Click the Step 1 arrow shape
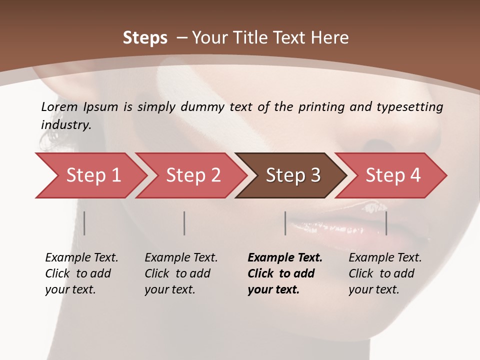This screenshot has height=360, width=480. pyautogui.click(x=93, y=175)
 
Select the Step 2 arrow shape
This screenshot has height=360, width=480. pyautogui.click(x=193, y=175)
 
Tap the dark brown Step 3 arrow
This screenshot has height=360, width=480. pyautogui.click(x=293, y=175)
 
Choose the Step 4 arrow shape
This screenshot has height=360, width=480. pyautogui.click(x=393, y=175)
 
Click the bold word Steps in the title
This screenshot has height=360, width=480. pyautogui.click(x=145, y=37)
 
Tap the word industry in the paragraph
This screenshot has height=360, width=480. pyautogui.click(x=65, y=124)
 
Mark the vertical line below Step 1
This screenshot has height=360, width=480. pyautogui.click(x=84, y=223)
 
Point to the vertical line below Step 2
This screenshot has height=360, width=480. pyautogui.click(x=184, y=223)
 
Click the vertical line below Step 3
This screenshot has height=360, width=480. pyautogui.click(x=285, y=223)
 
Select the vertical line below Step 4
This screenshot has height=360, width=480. pyautogui.click(x=386, y=223)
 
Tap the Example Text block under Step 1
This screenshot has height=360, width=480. pyautogui.click(x=81, y=273)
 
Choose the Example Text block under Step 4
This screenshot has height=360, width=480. pyautogui.click(x=384, y=273)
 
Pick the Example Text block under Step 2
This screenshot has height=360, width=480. pyautogui.click(x=180, y=273)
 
